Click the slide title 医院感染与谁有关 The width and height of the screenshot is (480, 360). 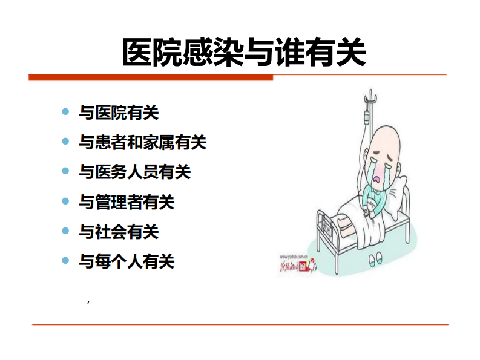coord(244,52)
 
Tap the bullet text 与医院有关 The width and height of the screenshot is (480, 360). coord(119,113)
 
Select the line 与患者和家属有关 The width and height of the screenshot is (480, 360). coord(143,142)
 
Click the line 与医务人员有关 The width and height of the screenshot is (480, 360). coord(134,172)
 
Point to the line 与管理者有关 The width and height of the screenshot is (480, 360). coord(127,201)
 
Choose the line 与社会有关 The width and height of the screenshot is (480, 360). coord(119,231)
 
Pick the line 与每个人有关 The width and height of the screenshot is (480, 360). coord(127,261)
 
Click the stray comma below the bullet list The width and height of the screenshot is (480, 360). coord(88,301)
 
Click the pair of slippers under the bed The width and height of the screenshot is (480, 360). coord(378,260)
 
